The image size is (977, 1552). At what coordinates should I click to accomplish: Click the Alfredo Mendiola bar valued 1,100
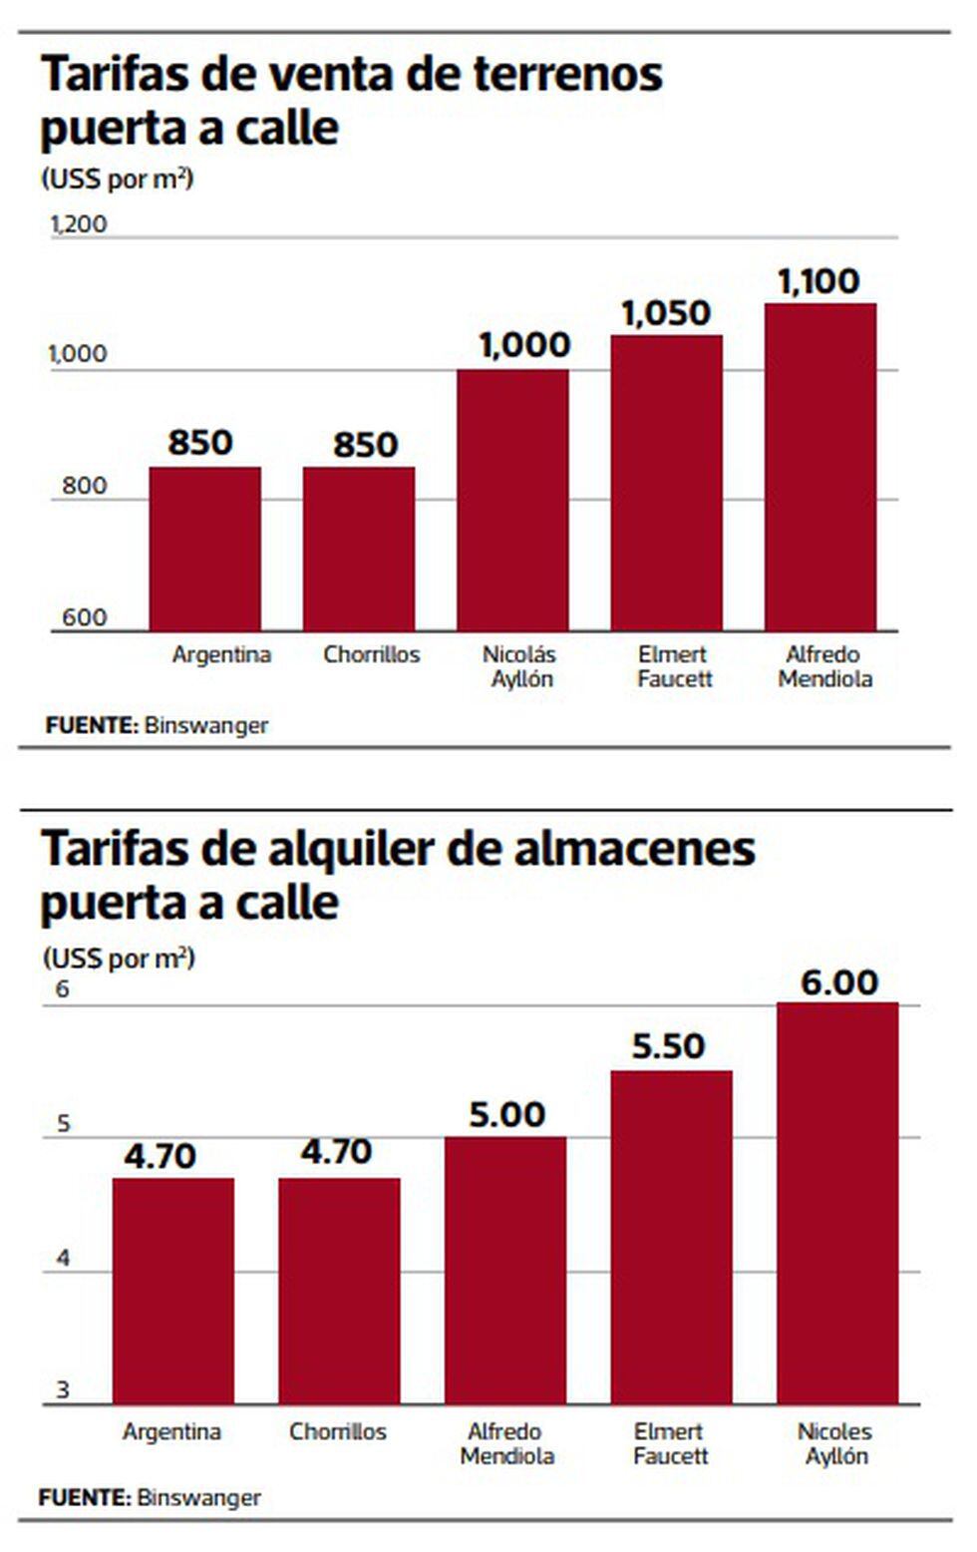tap(820, 467)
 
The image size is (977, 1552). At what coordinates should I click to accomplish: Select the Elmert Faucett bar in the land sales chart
tap(667, 483)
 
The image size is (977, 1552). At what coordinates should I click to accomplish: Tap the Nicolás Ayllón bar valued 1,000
tap(512, 500)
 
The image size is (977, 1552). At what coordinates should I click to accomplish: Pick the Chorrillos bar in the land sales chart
tap(359, 549)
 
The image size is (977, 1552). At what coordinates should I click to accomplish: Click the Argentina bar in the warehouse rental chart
tap(173, 1291)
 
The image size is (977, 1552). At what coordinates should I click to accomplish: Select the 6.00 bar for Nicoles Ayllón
tap(837, 1203)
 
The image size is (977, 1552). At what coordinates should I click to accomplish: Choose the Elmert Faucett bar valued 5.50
tap(671, 1237)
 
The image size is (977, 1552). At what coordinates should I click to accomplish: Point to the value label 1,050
tap(666, 313)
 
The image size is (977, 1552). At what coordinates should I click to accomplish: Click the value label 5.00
tap(506, 1114)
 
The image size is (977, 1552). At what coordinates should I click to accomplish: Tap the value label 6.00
tap(839, 982)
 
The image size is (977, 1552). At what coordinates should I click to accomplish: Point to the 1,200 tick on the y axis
tap(79, 224)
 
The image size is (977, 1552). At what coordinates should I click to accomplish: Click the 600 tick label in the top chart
tap(84, 617)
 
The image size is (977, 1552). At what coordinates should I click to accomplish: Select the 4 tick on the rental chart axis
tap(64, 1258)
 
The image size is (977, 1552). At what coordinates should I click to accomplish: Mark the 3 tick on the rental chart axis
tap(64, 1389)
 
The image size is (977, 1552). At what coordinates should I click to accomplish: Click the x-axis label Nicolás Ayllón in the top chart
tap(519, 666)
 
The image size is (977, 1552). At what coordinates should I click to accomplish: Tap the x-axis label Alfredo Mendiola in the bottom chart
tap(506, 1443)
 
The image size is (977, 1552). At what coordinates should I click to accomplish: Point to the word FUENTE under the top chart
tap(91, 725)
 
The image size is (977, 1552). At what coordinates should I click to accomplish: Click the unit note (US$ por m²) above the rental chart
tap(119, 959)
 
